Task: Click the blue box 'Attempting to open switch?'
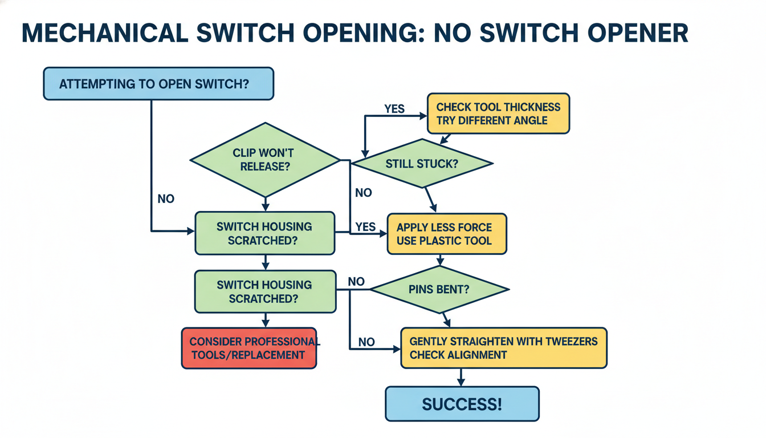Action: click(158, 83)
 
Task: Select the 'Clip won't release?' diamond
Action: click(265, 160)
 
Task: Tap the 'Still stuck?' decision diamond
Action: click(422, 164)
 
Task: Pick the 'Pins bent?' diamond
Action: click(439, 289)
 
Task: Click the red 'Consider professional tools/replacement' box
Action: click(248, 348)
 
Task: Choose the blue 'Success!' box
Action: click(462, 404)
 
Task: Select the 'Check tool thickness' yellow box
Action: click(498, 113)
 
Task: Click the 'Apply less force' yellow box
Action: click(446, 233)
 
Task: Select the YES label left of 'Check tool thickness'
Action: click(394, 109)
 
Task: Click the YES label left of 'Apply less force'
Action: click(365, 226)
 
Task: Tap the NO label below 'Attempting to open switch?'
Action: click(166, 199)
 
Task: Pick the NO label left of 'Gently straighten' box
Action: click(366, 342)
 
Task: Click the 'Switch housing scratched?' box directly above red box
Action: click(265, 291)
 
